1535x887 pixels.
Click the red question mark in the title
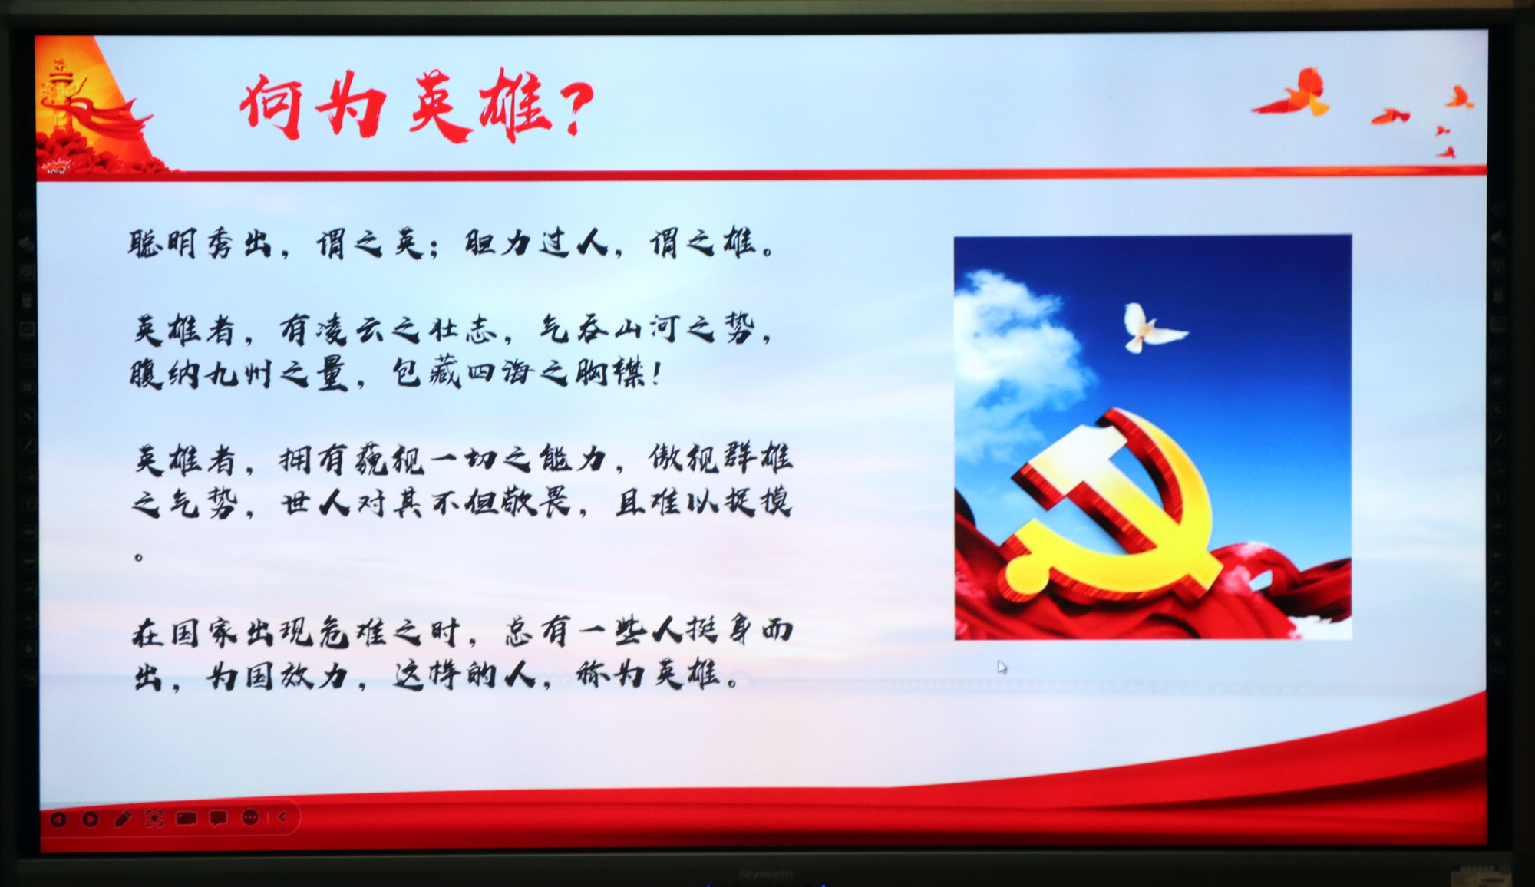tap(573, 107)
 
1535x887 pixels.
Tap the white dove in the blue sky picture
tap(1151, 328)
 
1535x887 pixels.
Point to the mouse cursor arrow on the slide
tap(1002, 667)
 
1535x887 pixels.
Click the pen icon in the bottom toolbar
tap(122, 819)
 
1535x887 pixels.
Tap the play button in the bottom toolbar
tap(90, 819)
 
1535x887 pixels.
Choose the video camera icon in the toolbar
tap(187, 818)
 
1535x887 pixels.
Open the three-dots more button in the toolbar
tap(250, 818)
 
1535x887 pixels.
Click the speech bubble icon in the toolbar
tap(219, 819)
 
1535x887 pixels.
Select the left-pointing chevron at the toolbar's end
tap(282, 817)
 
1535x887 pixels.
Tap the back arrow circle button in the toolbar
tap(58, 819)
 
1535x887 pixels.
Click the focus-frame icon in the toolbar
tap(154, 819)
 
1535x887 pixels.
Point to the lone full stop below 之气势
tap(139, 557)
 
